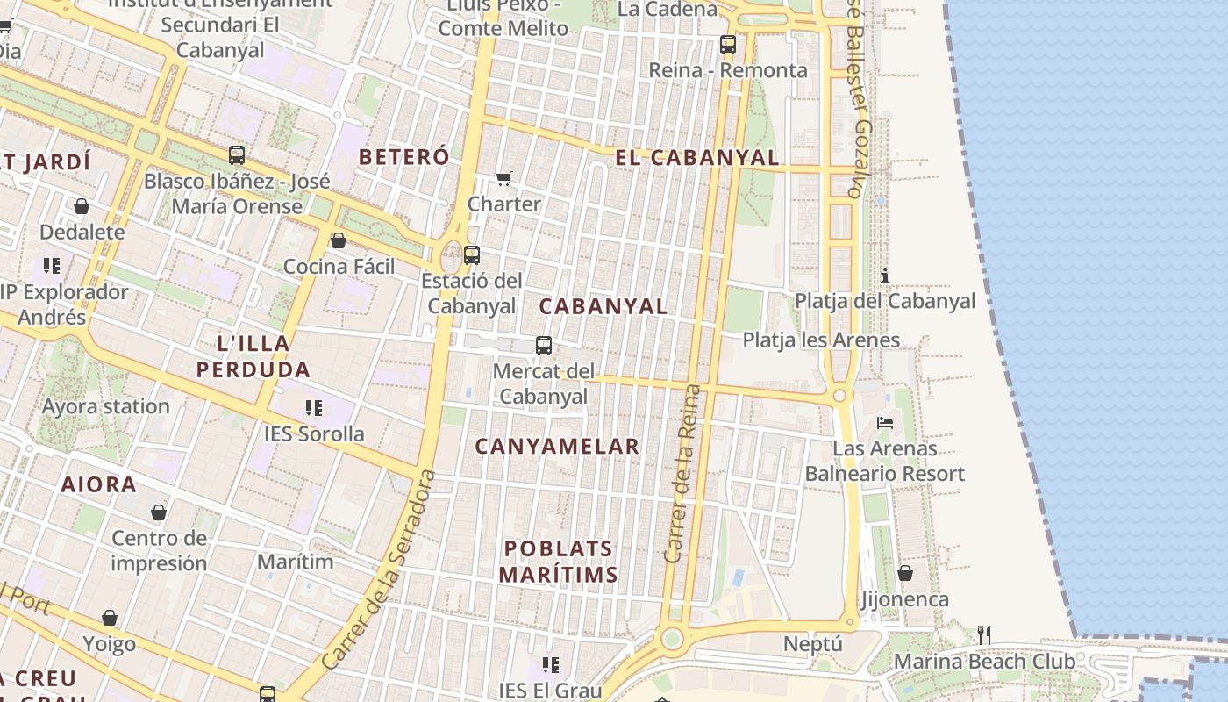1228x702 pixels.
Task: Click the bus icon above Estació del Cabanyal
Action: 472,255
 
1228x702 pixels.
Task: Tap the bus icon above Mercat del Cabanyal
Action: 544,346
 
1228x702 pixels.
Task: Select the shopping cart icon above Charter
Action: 504,179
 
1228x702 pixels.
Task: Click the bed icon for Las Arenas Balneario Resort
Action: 885,423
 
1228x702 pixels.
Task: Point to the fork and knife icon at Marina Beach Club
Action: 984,634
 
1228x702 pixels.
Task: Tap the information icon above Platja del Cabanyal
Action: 885,276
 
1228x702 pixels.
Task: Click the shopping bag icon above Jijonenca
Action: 904,573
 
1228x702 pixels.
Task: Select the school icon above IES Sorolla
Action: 314,407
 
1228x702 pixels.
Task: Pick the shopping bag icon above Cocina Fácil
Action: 339,240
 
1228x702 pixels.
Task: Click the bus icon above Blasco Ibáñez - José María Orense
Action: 237,155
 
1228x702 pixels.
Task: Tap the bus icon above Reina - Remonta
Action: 727,44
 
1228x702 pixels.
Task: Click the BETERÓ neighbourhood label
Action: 404,157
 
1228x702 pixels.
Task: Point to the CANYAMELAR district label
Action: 557,447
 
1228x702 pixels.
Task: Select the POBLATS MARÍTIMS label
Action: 559,562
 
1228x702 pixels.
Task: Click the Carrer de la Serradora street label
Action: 379,570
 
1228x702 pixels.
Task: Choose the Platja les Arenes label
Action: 821,340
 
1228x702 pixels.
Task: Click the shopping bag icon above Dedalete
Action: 82,206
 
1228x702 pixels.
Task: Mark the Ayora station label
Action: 106,406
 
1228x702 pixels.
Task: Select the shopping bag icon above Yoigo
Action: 110,618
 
